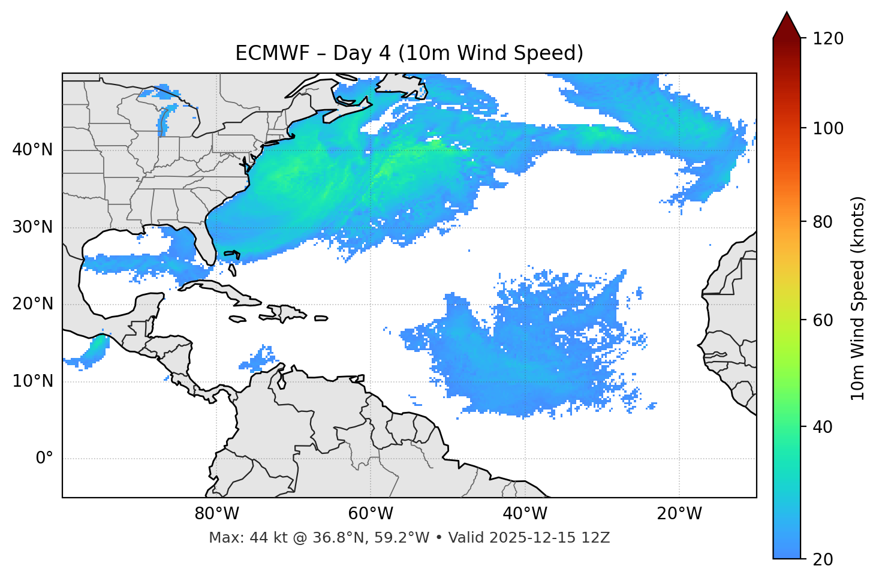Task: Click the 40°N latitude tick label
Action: coord(32,150)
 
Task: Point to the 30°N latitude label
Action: coord(32,227)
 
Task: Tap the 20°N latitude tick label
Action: coord(32,304)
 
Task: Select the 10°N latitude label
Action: coord(32,381)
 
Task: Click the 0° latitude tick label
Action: coord(44,459)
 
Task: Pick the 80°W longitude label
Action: coord(216,514)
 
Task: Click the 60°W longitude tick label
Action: coord(371,514)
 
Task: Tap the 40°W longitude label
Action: coord(525,514)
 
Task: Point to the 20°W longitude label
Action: coord(679,514)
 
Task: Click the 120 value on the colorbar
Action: coord(828,39)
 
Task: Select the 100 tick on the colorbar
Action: coord(828,128)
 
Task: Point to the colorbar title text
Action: coord(859,298)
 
